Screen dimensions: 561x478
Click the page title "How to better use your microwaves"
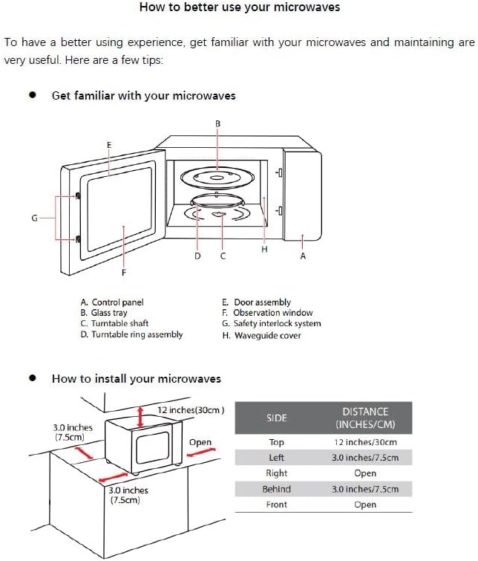pos(239,7)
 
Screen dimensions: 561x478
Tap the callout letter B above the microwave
pos(217,123)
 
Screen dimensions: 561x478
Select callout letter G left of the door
pos(34,218)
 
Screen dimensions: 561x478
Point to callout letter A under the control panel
pos(302,256)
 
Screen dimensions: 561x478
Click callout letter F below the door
pos(123,273)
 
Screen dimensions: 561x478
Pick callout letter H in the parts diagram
pos(264,250)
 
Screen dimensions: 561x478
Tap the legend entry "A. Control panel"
pos(112,302)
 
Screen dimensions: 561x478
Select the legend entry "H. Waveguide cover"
pos(261,335)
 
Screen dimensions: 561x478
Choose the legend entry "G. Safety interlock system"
pos(271,324)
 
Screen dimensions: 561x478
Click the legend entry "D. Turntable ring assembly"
pos(131,334)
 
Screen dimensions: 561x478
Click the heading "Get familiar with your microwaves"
pos(143,96)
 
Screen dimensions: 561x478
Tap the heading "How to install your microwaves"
pos(136,379)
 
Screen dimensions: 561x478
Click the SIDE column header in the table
pos(276,418)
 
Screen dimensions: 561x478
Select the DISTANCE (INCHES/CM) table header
pos(364,418)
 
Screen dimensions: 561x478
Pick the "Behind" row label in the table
pos(276,489)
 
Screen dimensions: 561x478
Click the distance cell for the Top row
pos(364,442)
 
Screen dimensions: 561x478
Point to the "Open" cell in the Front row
pos(364,505)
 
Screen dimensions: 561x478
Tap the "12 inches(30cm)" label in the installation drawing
pos(191,410)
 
